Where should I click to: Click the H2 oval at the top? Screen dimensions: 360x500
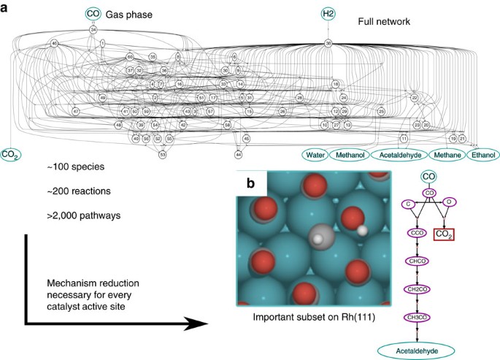coord(329,13)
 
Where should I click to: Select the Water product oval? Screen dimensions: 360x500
coord(315,155)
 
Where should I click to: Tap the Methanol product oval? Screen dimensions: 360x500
coord(349,155)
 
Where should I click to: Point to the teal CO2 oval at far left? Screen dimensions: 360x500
coord(10,154)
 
